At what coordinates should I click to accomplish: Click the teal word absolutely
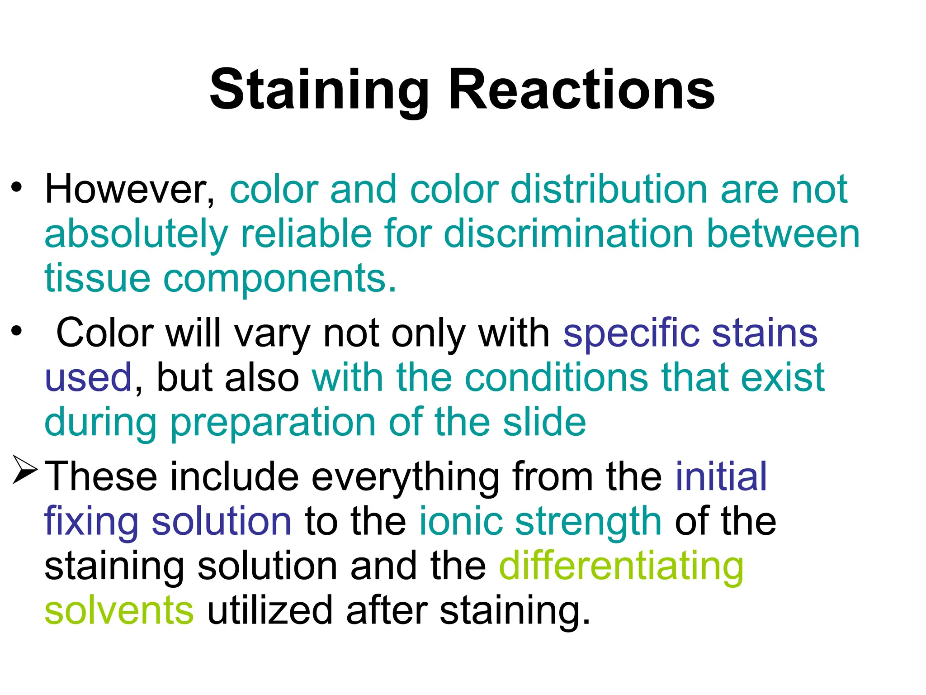(x=136, y=234)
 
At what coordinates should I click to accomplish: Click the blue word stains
(x=765, y=333)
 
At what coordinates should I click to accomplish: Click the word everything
(x=405, y=477)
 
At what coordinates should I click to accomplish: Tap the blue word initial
(x=721, y=476)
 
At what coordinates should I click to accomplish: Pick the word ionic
(x=461, y=521)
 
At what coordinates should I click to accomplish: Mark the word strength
(x=588, y=522)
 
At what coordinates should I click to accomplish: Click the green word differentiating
(x=621, y=567)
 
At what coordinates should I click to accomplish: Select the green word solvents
(x=119, y=611)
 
